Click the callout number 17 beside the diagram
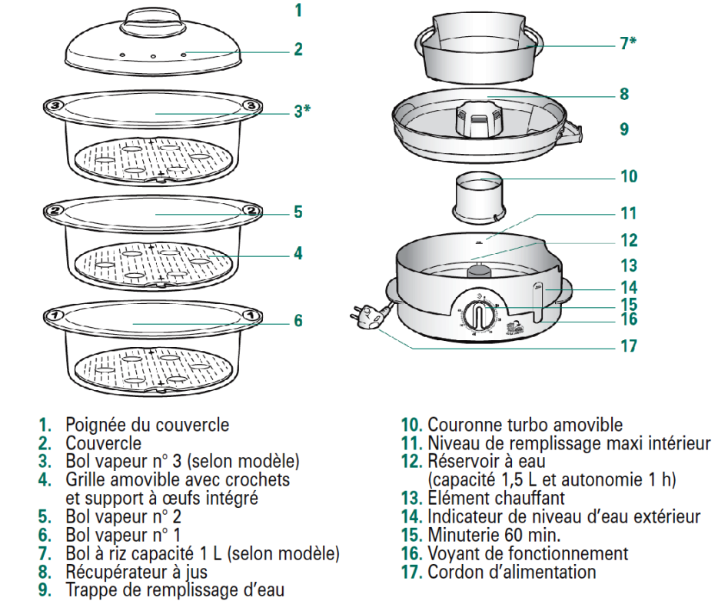[629, 346]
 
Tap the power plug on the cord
[365, 315]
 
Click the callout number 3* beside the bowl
[301, 111]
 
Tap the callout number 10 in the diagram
[629, 175]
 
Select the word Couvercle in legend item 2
[103, 443]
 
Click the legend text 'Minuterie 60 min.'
[494, 536]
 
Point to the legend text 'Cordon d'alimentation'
[512, 572]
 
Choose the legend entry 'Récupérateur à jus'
[136, 572]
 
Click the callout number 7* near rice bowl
[628, 44]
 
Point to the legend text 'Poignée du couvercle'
[147, 425]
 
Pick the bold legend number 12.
[411, 462]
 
